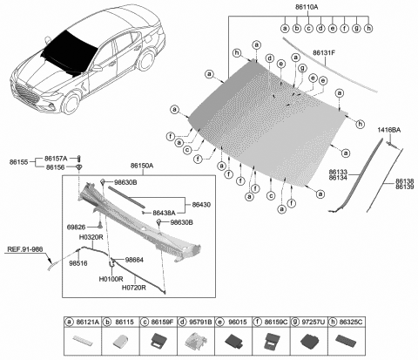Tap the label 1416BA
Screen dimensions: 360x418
click(x=389, y=130)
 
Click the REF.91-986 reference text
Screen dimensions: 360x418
click(x=25, y=248)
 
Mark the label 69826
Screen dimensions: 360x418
click(x=76, y=227)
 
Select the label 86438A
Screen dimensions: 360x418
click(x=163, y=213)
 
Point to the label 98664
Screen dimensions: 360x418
click(x=136, y=259)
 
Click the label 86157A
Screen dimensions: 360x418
click(x=54, y=159)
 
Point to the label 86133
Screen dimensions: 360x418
click(x=340, y=173)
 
